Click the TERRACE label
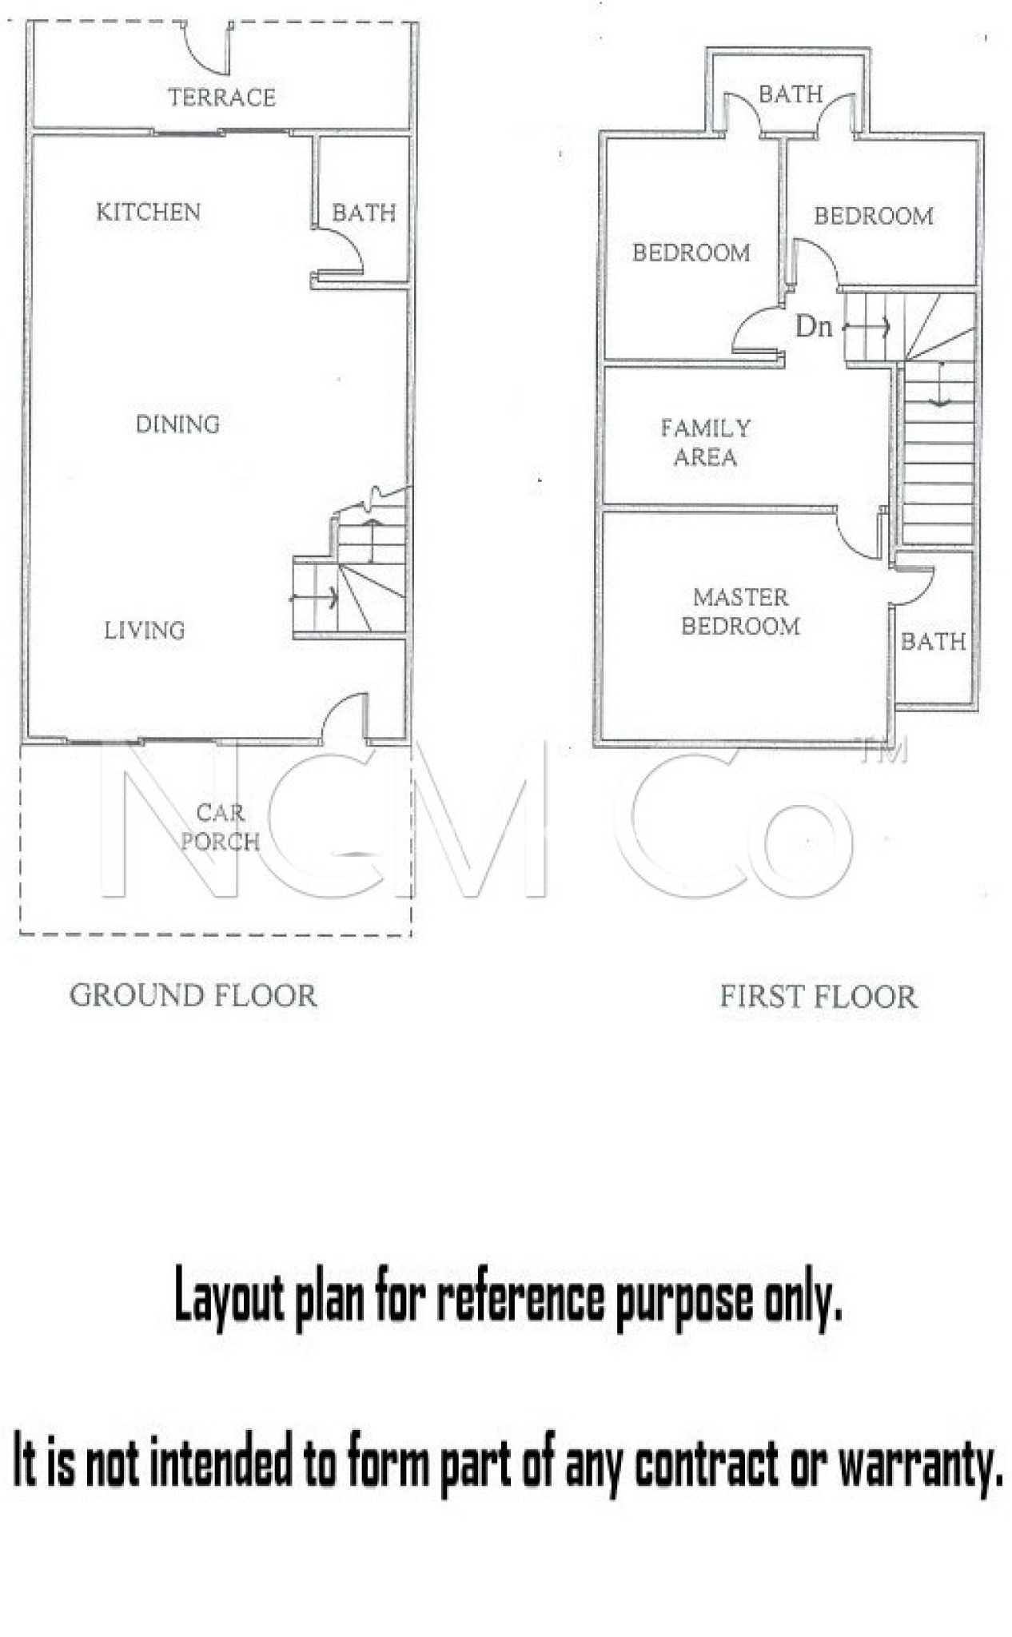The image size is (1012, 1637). (221, 98)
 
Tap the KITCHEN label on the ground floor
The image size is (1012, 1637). (148, 212)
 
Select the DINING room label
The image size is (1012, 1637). (177, 424)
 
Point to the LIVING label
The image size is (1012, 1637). (144, 631)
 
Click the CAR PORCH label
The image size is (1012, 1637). (220, 827)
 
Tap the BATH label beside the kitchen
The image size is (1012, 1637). (364, 213)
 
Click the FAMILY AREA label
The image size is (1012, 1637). (705, 443)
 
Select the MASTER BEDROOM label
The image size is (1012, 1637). (740, 611)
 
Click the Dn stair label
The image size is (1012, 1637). (814, 326)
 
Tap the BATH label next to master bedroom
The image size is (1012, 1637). (933, 641)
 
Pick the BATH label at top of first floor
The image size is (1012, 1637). (791, 94)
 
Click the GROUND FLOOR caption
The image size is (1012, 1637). (193, 996)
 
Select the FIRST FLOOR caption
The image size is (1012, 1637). (819, 997)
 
